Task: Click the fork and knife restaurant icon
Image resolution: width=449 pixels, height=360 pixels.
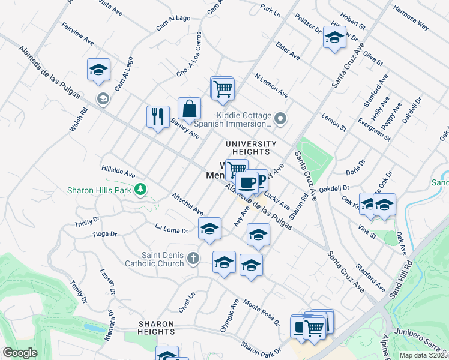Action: click(158, 116)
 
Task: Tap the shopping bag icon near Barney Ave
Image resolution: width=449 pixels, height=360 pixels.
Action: click(189, 109)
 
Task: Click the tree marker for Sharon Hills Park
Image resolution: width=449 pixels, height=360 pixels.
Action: click(140, 190)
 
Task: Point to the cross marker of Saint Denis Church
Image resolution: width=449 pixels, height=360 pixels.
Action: click(192, 258)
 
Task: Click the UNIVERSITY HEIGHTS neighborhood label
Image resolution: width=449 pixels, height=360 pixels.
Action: click(251, 148)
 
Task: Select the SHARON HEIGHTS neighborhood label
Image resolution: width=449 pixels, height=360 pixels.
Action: click(156, 328)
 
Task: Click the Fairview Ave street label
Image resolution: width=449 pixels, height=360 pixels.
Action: click(78, 34)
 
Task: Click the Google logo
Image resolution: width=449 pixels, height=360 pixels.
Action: click(20, 353)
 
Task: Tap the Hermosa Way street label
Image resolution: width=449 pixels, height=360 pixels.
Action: click(411, 17)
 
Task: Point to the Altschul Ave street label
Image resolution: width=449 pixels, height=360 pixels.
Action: click(187, 204)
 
